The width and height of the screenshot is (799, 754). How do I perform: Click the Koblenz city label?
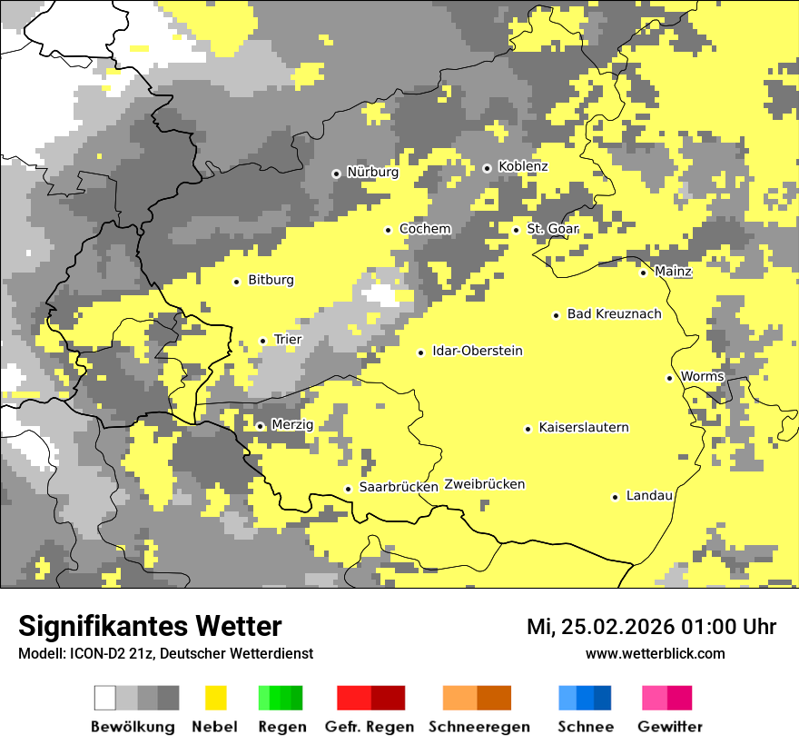click(523, 167)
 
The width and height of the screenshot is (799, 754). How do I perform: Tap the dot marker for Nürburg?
click(336, 173)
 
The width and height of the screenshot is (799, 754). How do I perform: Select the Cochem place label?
click(425, 229)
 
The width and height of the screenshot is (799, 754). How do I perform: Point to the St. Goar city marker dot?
click(516, 230)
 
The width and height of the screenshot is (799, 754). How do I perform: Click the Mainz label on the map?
click(673, 272)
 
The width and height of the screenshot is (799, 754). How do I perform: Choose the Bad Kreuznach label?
click(614, 314)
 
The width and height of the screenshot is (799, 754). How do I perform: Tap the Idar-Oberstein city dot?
click(420, 352)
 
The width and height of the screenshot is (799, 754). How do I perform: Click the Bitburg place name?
click(271, 281)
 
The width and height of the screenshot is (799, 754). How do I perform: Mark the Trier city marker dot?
click(262, 341)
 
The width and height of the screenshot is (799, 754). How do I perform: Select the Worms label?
click(702, 377)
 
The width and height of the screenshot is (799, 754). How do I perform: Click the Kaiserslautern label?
click(583, 428)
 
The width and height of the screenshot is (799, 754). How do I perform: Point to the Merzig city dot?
click(260, 426)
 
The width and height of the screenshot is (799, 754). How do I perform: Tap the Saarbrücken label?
click(399, 488)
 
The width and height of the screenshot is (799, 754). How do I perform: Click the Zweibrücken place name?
click(484, 485)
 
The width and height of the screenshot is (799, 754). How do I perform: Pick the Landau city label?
click(649, 496)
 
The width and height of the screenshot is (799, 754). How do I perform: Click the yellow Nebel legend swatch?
click(215, 698)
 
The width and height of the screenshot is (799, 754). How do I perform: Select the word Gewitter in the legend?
click(669, 727)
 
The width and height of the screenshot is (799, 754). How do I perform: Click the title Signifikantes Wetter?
click(150, 626)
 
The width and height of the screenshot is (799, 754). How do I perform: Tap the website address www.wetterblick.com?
click(655, 653)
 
